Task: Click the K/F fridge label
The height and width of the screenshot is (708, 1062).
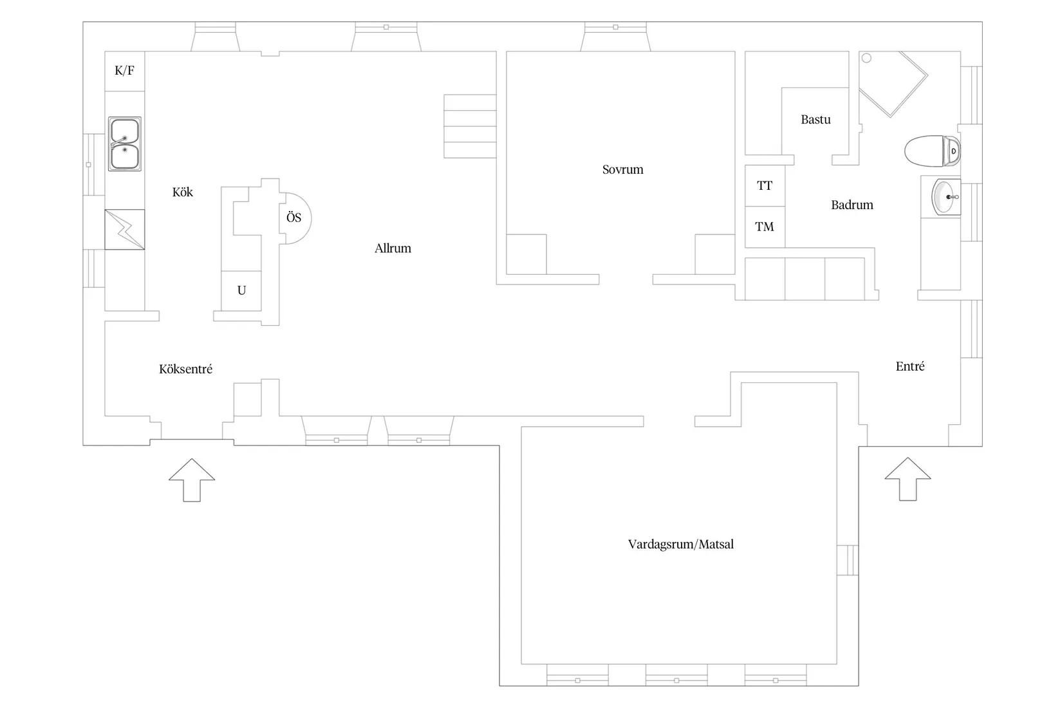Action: coord(124,71)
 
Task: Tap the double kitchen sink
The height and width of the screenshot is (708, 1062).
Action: coord(124,144)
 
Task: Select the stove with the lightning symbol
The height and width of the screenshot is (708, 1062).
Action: coord(124,229)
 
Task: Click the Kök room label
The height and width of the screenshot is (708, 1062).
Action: coord(182,192)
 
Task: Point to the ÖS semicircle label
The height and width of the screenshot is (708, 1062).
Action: coord(293,218)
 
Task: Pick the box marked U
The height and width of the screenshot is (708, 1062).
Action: coord(241,291)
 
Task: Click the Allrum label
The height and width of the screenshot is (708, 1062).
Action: coord(393,248)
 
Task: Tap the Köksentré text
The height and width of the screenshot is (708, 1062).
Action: coord(185,369)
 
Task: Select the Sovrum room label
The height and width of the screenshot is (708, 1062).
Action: coord(622,170)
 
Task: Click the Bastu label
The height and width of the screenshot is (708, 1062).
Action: coord(815,120)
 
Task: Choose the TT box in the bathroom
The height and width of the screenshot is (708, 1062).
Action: coord(765,186)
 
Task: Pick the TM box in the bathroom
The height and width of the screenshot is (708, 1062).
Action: coord(765,227)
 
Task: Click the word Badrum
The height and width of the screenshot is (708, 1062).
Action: coord(852,205)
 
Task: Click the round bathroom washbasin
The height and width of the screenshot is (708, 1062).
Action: coord(945,197)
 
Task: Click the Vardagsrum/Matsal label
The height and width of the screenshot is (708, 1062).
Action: coord(680,545)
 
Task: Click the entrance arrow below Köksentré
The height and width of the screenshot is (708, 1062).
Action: coord(192,480)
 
